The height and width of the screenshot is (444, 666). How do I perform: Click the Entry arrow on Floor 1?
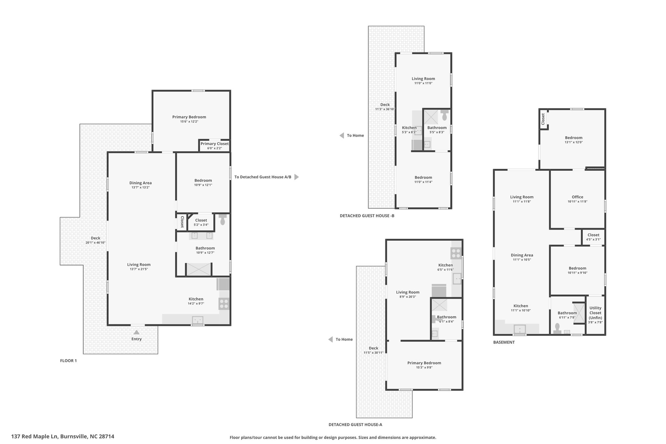137,332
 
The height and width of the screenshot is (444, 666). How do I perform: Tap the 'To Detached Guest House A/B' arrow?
297,177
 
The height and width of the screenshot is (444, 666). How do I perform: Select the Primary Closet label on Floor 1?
215,144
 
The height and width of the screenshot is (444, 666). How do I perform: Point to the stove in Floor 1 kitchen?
224,304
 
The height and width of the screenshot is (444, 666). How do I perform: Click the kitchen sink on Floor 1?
197,320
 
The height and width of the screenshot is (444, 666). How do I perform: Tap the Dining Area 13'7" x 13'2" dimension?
140,187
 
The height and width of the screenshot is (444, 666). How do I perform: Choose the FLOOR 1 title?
68,361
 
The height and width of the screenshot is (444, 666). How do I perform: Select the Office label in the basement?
578,197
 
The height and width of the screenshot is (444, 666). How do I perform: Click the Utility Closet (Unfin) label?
595,313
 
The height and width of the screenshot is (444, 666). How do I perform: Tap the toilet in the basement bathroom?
557,328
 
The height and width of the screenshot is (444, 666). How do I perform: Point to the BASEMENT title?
504,342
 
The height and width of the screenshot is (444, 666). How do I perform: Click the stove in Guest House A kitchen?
456,253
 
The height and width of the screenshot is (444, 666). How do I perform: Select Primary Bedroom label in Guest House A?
424,363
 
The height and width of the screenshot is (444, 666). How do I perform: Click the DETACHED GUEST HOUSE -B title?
367,216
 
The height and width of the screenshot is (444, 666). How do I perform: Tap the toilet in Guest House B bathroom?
445,115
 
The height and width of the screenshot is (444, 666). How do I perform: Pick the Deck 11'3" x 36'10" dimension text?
385,109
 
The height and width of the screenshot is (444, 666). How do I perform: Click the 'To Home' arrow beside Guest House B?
342,135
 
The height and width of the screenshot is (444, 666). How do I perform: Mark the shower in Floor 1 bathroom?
199,270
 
